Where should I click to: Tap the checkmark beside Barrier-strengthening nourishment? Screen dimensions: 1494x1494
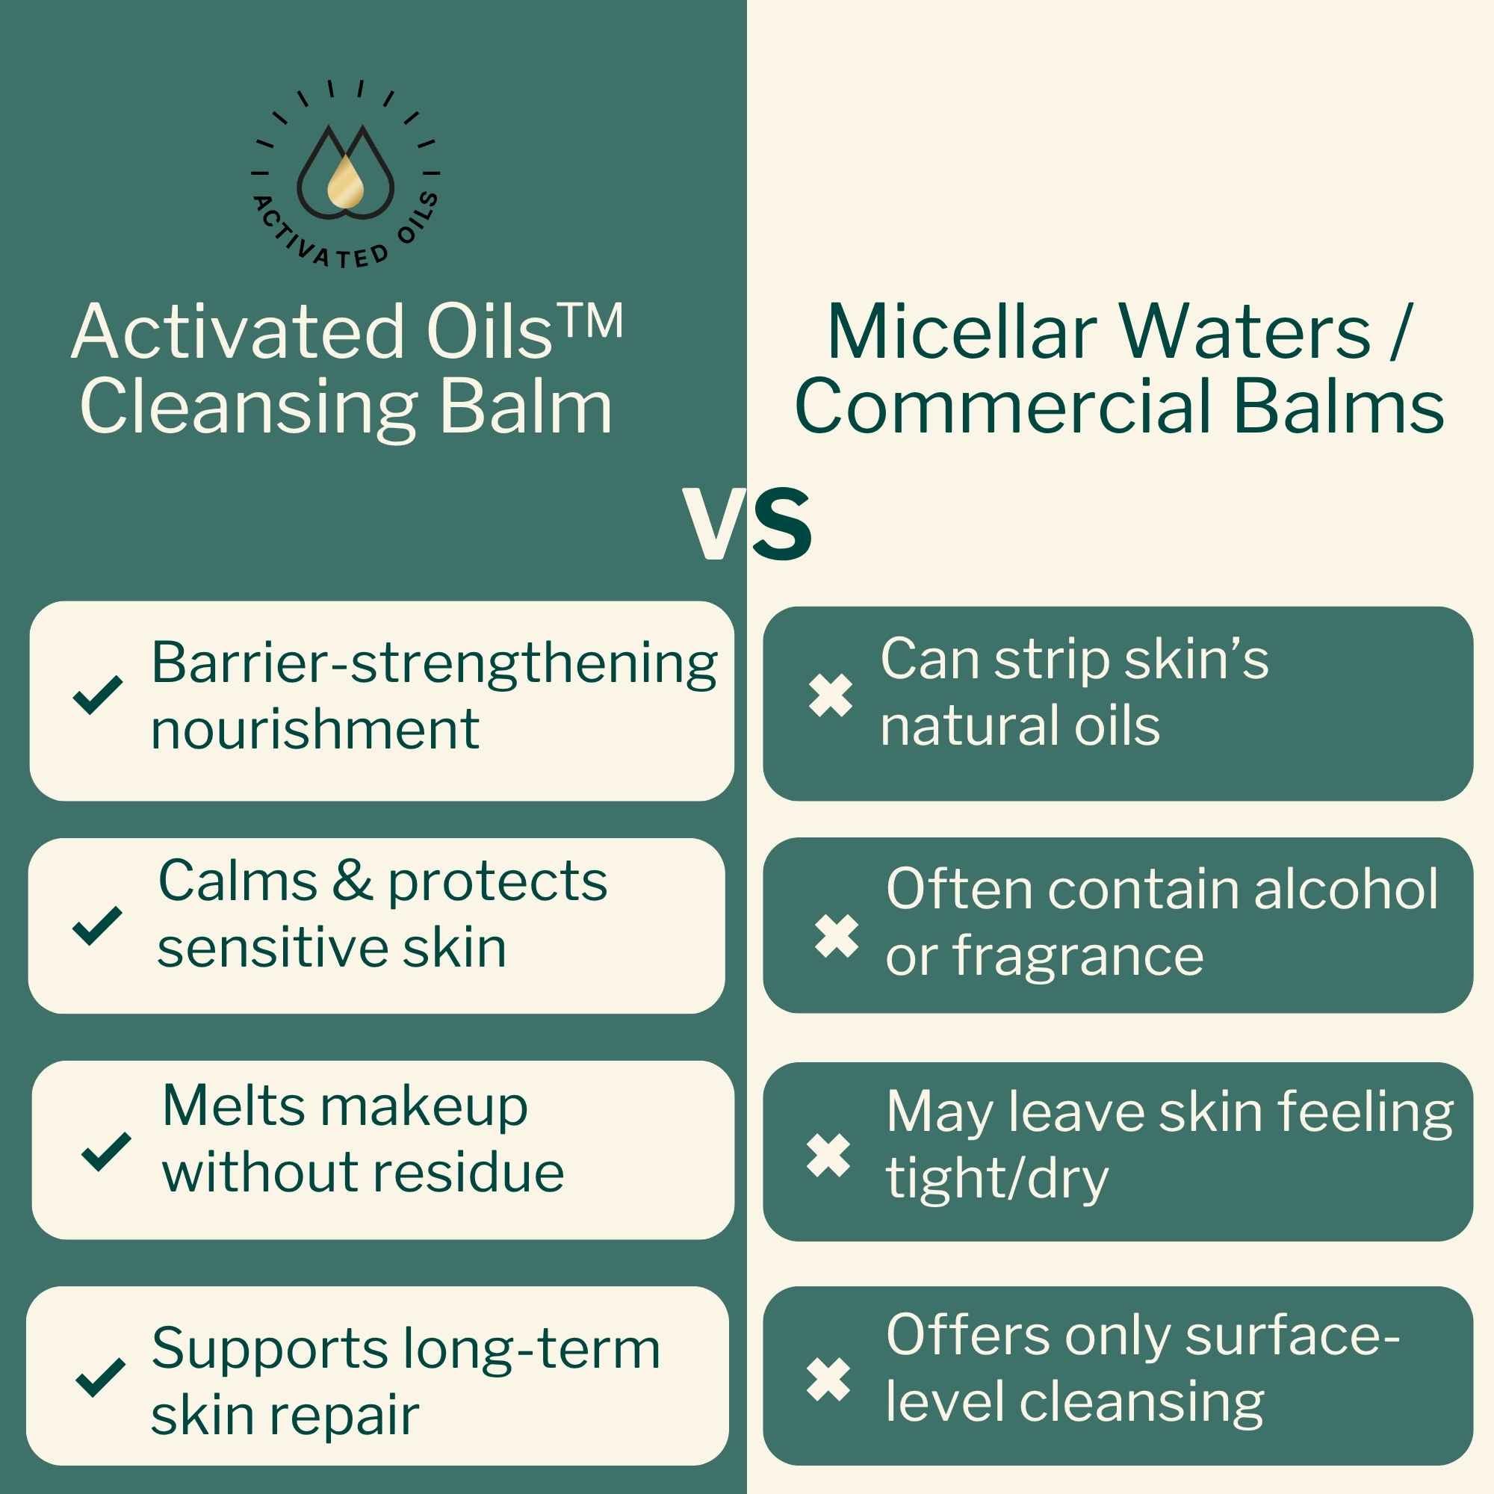tap(97, 695)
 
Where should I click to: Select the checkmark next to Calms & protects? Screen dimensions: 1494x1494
tap(96, 926)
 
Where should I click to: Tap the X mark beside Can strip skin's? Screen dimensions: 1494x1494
tap(830, 695)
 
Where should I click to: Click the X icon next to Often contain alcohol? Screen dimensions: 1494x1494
tap(837, 937)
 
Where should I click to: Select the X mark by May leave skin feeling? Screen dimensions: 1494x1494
tap(828, 1156)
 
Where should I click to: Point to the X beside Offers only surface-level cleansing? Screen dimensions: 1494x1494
tap(828, 1380)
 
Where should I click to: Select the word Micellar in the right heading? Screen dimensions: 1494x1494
tap(962, 332)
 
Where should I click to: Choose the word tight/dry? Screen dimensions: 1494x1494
tap(997, 1180)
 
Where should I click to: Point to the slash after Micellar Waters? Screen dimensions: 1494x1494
tap(1397, 331)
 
